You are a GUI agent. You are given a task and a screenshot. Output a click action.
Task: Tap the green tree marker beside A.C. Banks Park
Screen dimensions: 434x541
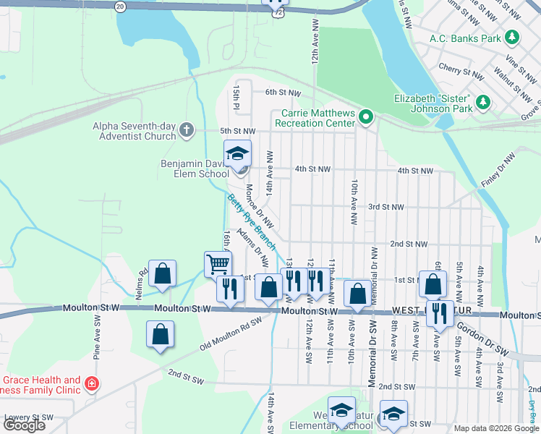point(512,37)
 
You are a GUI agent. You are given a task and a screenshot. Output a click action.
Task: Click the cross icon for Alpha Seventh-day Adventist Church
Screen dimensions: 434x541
point(187,130)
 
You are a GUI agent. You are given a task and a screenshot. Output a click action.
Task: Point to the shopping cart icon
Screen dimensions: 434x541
point(218,263)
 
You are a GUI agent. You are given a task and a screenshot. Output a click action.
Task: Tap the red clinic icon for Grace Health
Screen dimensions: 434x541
point(91,383)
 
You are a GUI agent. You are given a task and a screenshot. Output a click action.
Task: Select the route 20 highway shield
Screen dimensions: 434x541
point(120,6)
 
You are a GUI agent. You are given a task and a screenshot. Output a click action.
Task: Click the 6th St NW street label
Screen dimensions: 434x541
point(282,93)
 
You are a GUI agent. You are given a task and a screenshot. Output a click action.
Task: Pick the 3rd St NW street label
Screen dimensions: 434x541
point(385,207)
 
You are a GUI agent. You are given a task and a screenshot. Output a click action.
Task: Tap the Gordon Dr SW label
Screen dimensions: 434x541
point(487,338)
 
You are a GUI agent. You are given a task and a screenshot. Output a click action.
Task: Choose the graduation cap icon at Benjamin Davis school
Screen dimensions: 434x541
point(237,153)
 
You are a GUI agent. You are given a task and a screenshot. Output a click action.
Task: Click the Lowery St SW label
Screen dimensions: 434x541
point(29,417)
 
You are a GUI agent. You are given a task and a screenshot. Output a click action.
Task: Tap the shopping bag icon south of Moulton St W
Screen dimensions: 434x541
point(160,335)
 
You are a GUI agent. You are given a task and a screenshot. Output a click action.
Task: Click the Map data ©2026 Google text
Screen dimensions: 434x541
point(495,428)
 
